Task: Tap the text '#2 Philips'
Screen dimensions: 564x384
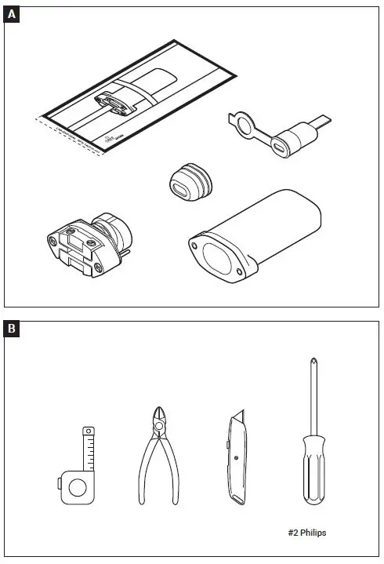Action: coord(307,533)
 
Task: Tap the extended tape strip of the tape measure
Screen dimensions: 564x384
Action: coord(89,447)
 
